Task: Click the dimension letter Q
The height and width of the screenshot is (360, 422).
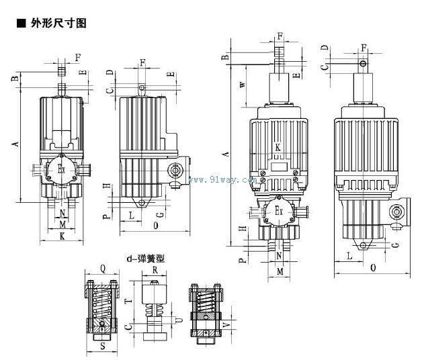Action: click(103, 267)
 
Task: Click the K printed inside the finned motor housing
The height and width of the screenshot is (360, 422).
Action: click(278, 147)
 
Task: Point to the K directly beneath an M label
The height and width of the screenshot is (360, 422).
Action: click(62, 236)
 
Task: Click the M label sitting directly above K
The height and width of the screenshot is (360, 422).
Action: click(62, 224)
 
